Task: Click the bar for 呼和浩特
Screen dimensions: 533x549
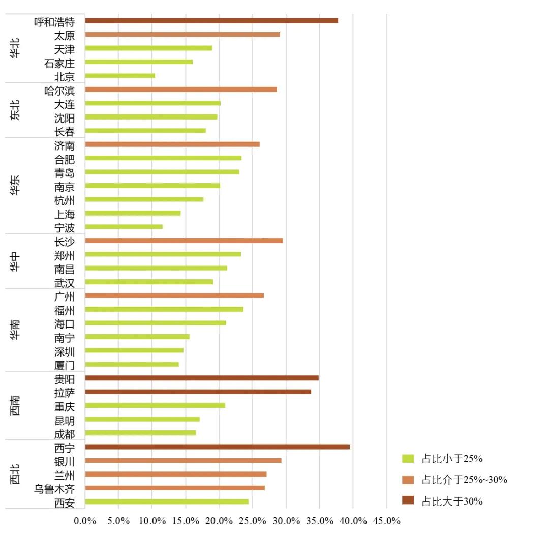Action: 211,21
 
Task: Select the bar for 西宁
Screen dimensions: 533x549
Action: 217,447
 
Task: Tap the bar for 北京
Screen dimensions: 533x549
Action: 120,76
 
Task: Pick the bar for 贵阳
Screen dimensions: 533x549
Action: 202,378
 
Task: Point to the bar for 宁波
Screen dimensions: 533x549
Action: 124,227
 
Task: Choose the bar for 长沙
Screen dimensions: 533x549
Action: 184,241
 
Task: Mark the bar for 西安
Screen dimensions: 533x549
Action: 167,501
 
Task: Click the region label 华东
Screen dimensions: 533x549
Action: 15,186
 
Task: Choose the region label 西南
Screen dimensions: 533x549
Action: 15,405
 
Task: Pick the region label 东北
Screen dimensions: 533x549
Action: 15,110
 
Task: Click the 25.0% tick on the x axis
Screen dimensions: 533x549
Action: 253,521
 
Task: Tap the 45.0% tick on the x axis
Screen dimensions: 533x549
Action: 387,521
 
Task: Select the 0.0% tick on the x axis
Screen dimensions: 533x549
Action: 85,521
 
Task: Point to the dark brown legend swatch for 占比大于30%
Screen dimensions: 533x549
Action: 408,501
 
